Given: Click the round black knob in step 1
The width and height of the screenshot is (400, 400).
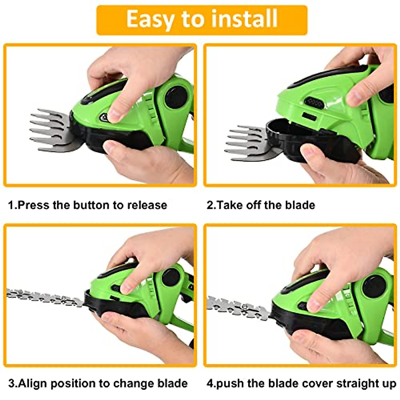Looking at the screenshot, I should click(x=176, y=97).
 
